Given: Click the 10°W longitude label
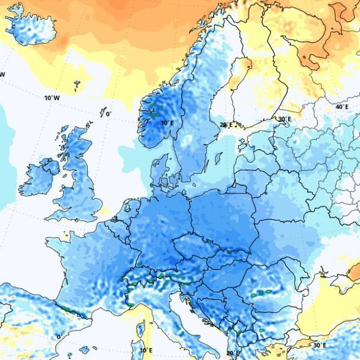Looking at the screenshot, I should [52, 98].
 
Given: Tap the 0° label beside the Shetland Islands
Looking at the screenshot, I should [108, 114].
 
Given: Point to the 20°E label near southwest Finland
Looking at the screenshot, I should [225, 125].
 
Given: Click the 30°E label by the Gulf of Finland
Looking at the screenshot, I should [284, 119].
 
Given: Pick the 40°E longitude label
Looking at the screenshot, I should [341, 107].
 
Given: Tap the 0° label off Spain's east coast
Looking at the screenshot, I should [58, 337].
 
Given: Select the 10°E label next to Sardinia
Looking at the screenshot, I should [145, 350].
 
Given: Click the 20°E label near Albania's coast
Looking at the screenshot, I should [233, 353].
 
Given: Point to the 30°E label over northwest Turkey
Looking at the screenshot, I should [319, 345].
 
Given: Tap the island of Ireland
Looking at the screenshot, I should [39, 177].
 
